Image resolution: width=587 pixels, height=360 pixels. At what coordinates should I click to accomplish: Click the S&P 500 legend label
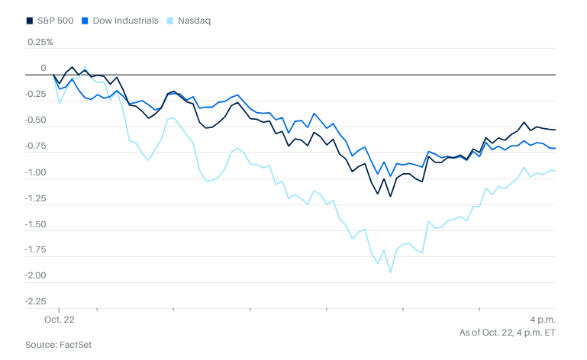(x=56, y=20)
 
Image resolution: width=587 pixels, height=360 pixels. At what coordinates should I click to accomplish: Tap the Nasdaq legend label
(x=194, y=20)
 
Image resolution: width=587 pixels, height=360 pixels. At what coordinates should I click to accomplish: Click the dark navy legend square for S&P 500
(x=30, y=20)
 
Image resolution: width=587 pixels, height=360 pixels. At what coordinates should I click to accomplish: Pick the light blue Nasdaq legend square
(x=171, y=20)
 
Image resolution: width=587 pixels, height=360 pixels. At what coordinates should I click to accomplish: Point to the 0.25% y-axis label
(x=40, y=42)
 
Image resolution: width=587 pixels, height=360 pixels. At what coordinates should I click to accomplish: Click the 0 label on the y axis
(x=44, y=69)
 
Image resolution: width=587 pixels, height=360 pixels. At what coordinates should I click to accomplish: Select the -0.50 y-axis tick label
(x=36, y=121)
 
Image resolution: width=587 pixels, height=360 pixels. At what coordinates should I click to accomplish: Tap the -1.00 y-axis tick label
(x=36, y=172)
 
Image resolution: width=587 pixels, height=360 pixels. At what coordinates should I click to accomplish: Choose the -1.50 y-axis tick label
(x=36, y=224)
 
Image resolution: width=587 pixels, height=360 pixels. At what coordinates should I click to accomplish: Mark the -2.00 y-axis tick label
(x=36, y=275)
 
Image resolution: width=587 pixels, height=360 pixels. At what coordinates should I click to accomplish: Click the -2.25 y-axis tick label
(x=36, y=301)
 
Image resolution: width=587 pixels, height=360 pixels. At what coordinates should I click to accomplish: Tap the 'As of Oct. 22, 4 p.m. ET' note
(x=507, y=333)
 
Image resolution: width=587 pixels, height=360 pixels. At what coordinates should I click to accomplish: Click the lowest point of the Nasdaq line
(x=390, y=272)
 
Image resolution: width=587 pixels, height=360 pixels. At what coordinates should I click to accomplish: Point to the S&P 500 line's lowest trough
(x=390, y=197)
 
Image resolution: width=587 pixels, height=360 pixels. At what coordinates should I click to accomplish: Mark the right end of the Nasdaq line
(x=555, y=171)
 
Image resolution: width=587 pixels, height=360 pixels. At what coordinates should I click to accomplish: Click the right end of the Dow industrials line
(x=555, y=148)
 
